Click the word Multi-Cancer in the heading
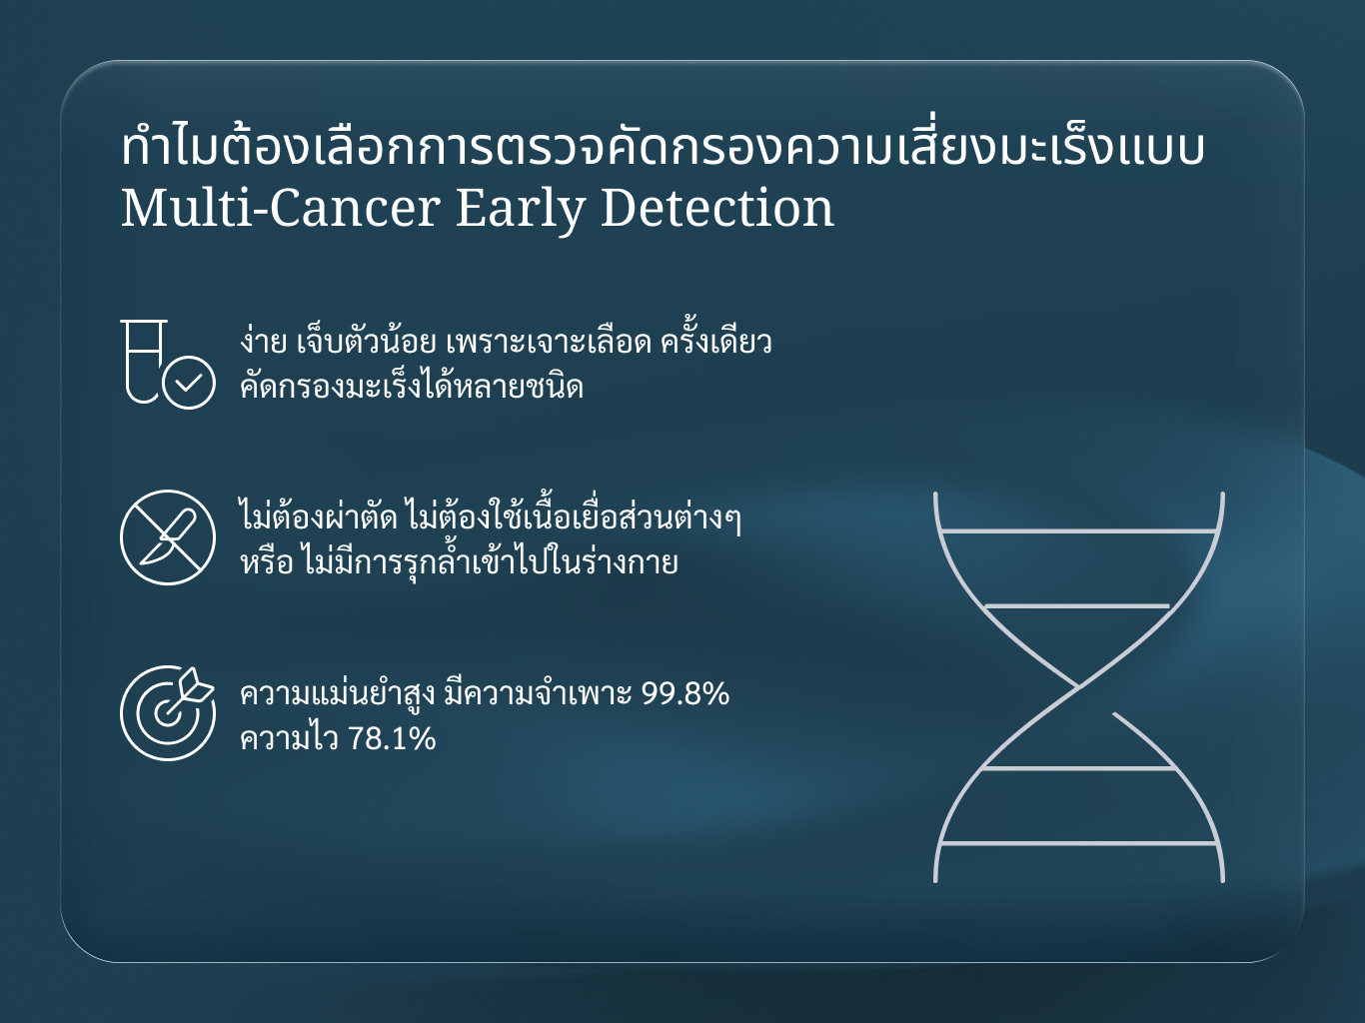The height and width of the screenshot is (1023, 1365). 281,208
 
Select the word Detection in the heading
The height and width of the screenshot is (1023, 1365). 717,208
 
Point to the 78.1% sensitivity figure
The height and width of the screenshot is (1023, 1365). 392,739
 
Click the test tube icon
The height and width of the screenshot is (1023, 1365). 144,361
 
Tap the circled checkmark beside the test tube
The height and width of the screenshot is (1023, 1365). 189,383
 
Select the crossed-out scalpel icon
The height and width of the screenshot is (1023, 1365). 168,537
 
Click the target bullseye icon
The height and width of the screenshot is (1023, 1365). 168,713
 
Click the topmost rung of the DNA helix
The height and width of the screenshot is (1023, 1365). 1079,531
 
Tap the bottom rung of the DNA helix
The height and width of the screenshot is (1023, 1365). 1079,843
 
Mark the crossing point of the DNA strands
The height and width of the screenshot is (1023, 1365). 1079,687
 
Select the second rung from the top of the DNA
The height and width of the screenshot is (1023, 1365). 1077,606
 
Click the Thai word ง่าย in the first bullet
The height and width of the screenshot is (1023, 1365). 263,342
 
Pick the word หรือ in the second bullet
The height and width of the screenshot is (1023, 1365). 266,561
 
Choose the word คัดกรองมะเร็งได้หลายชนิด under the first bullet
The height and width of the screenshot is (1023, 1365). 412,386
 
